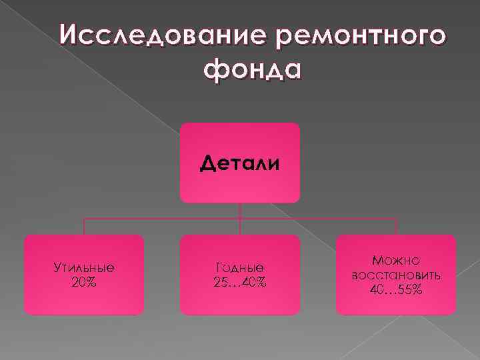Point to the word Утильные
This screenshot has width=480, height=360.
[84, 268]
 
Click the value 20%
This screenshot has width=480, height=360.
[84, 282]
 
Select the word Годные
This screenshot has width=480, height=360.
[240, 268]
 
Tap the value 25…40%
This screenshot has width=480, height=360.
[240, 282]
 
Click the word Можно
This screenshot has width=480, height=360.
[396, 261]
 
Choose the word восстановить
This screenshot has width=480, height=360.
[396, 275]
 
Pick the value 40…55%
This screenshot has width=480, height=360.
[396, 289]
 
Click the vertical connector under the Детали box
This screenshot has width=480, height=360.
[240, 211]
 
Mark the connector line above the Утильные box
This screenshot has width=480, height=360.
[84, 227]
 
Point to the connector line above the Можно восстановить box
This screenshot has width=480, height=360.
[396, 227]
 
